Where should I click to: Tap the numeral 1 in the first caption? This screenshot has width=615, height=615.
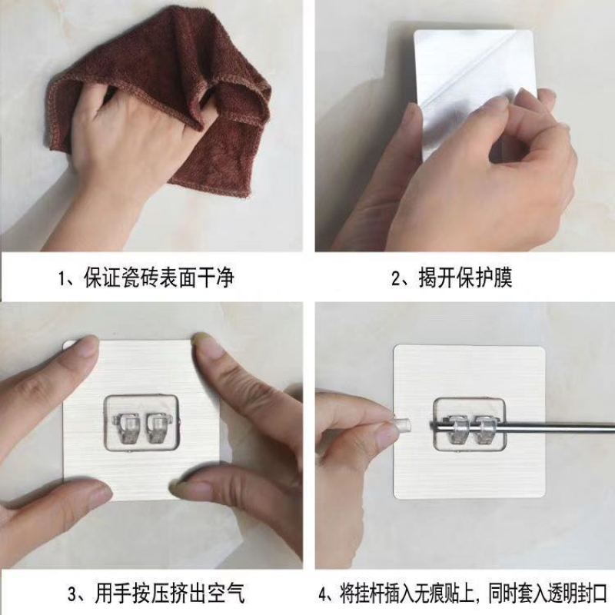coord(61,279)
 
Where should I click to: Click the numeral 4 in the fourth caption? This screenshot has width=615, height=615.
coord(322,593)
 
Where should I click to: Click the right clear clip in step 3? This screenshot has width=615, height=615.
coord(158,427)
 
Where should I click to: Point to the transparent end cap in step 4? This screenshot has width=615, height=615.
coord(402,426)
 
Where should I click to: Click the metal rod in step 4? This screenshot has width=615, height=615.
coord(522,425)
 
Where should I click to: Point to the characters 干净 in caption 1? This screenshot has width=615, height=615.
coord(218,278)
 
